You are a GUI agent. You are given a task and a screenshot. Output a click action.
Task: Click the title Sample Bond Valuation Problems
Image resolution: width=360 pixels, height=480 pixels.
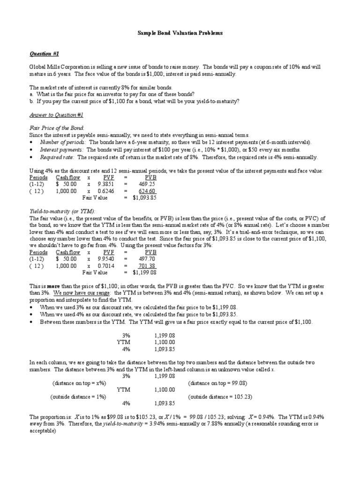[x=180, y=33]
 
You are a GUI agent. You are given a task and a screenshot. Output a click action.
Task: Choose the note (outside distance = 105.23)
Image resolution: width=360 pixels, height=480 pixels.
[x=219, y=397]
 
